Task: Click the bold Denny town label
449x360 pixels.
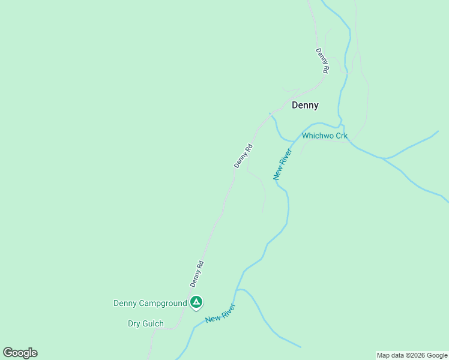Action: pyautogui.click(x=305, y=105)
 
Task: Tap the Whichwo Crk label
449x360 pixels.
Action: pyautogui.click(x=325, y=136)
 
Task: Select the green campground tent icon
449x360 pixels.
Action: pyautogui.click(x=196, y=302)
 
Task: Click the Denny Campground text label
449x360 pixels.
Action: pyautogui.click(x=150, y=303)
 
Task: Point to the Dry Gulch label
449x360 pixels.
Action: pyautogui.click(x=145, y=324)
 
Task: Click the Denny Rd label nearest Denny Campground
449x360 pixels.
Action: pyautogui.click(x=197, y=273)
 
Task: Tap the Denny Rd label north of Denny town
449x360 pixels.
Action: pyautogui.click(x=322, y=61)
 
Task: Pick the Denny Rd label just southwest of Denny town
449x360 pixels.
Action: pyautogui.click(x=244, y=155)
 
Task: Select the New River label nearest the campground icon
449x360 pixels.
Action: pyautogui.click(x=220, y=313)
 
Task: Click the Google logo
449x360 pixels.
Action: pyautogui.click(x=20, y=353)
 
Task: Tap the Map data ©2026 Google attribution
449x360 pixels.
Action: pyautogui.click(x=412, y=355)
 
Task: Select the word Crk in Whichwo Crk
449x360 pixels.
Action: pyautogui.click(x=341, y=136)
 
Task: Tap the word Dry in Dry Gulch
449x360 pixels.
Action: pyautogui.click(x=133, y=324)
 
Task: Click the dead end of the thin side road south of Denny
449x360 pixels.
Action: pyautogui.click(x=263, y=211)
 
